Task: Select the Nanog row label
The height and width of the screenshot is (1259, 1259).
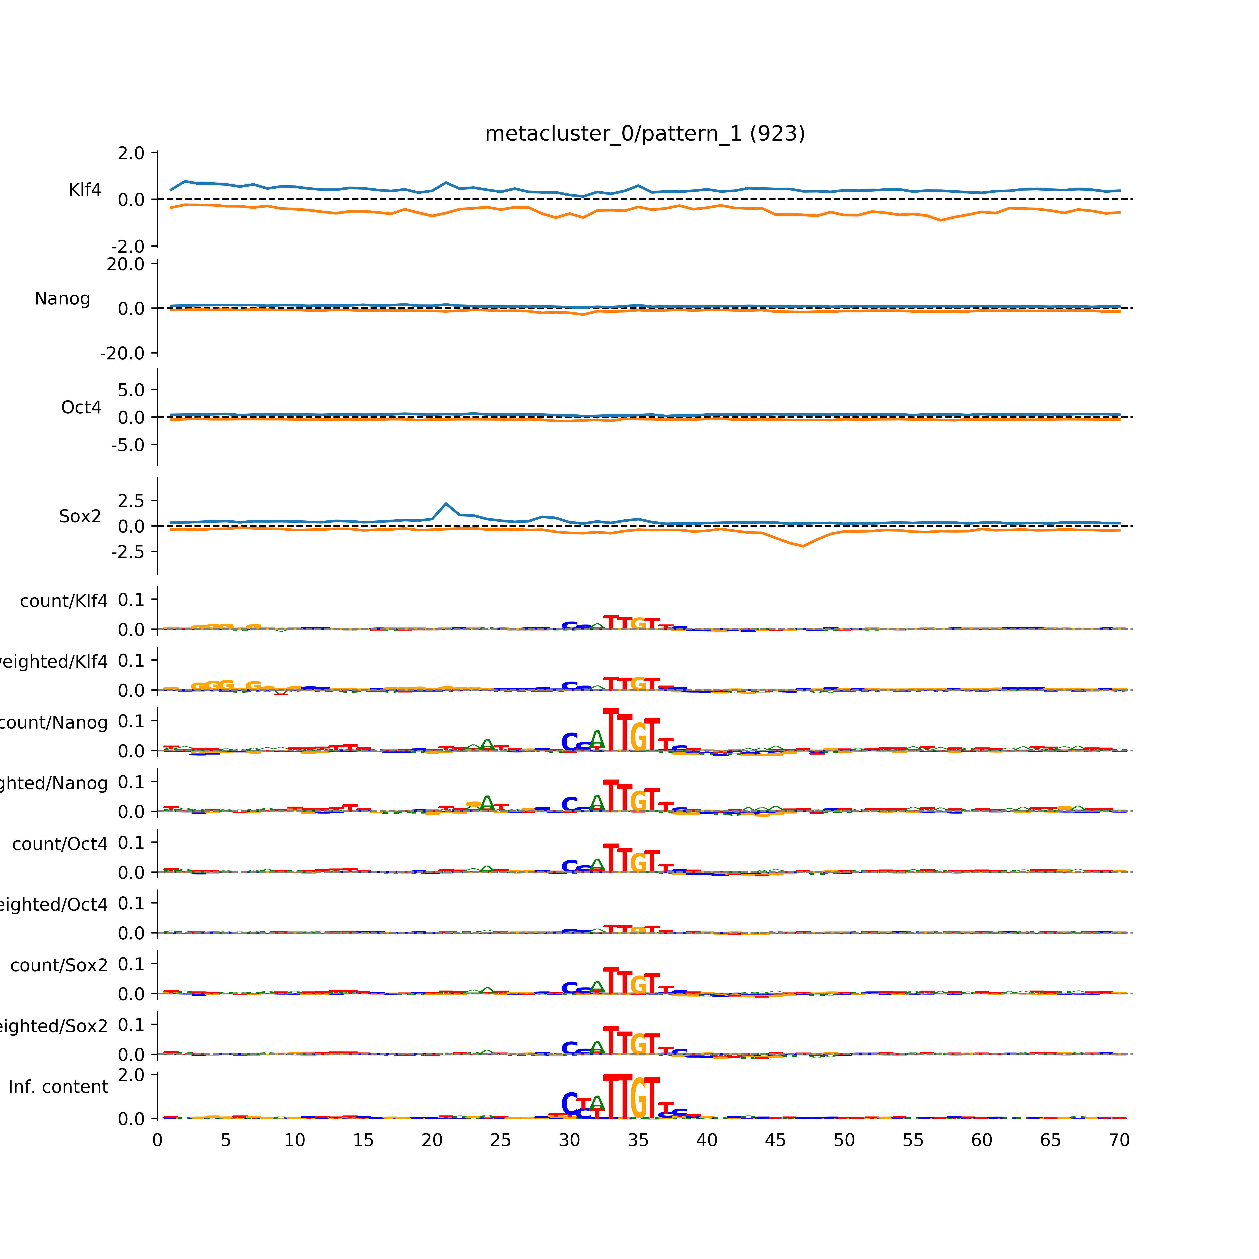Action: [x=63, y=298]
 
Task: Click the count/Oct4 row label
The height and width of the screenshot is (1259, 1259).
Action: [x=60, y=844]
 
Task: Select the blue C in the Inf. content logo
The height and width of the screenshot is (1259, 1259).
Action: [x=569, y=1104]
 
